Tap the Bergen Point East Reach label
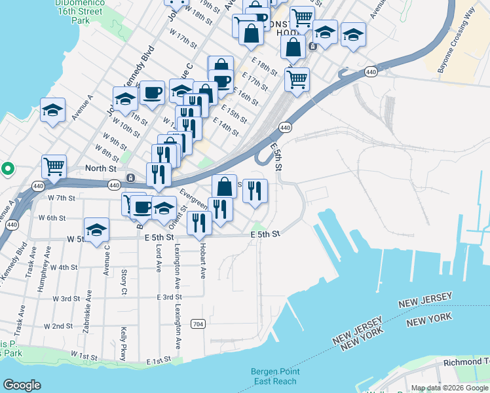275,376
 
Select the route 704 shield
198,324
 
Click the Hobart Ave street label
203,261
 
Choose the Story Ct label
123,281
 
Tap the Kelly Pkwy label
122,343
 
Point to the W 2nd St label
58,326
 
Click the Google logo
22,385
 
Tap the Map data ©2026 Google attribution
450,388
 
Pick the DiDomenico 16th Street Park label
62,12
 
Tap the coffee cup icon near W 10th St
153,93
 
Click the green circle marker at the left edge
7,169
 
